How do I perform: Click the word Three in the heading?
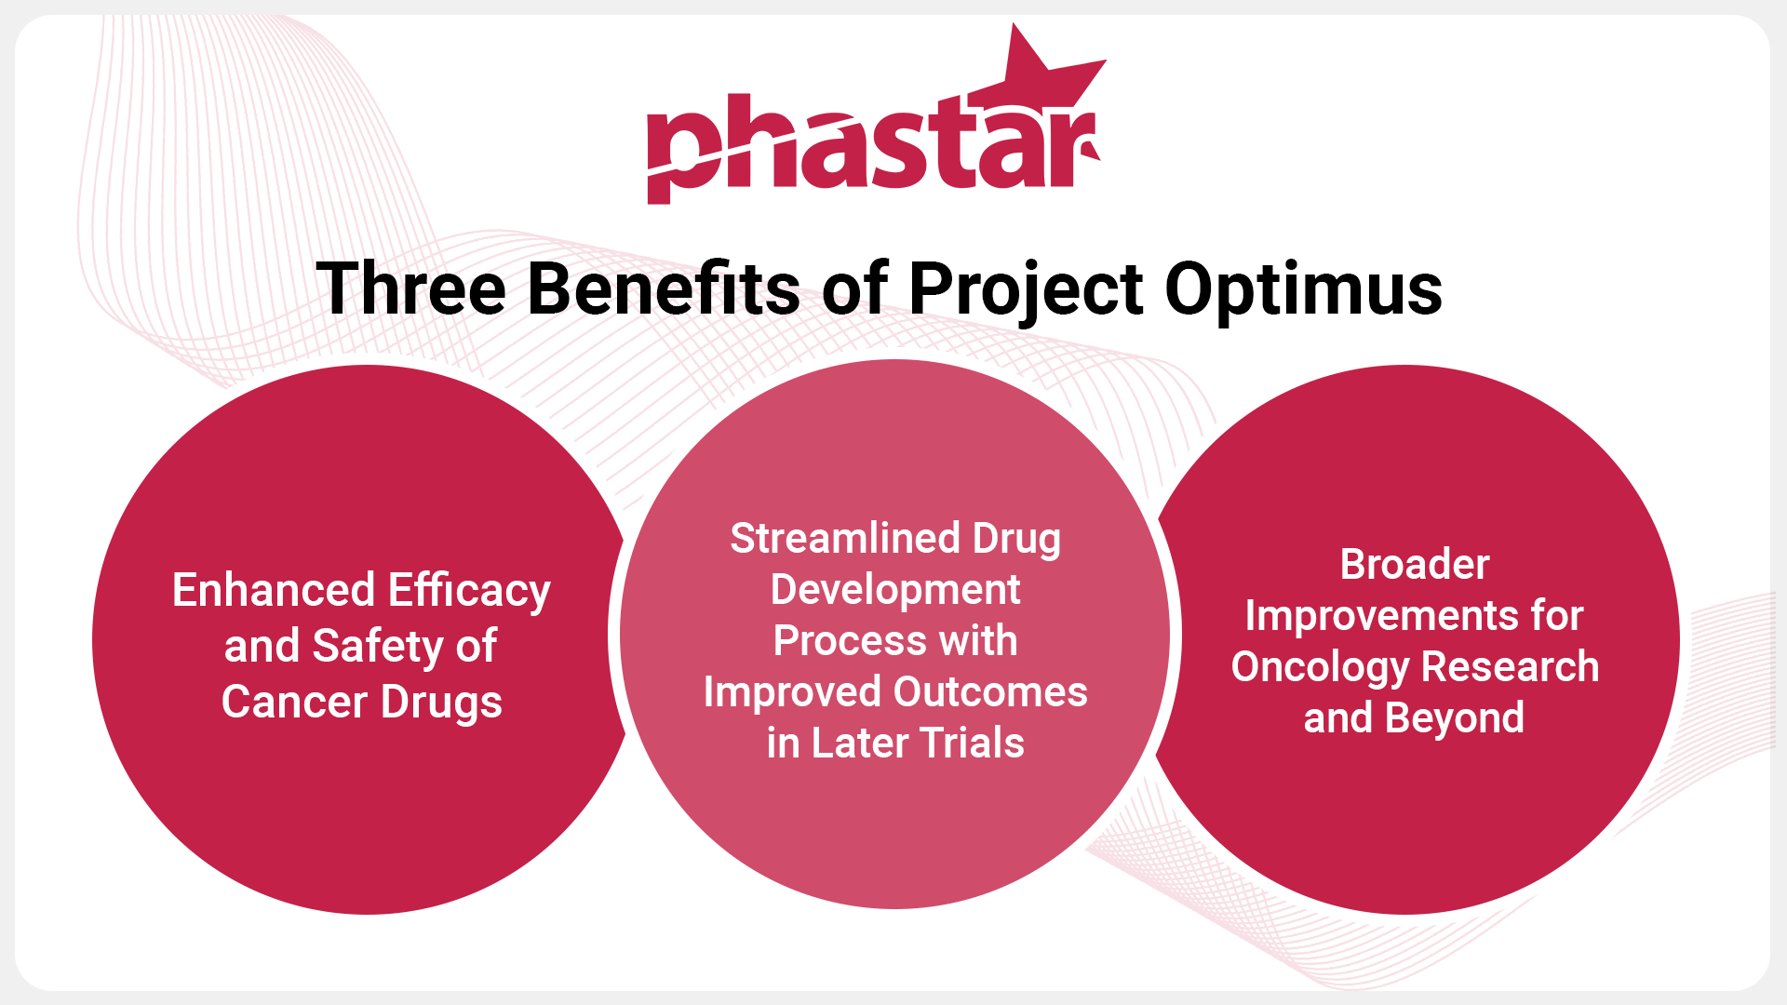pyautogui.click(x=411, y=288)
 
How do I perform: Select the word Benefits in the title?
pyautogui.click(x=664, y=288)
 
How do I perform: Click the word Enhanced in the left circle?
pyautogui.click(x=274, y=590)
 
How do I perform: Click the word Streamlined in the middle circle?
pyautogui.click(x=845, y=538)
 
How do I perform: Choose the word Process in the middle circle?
pyautogui.click(x=851, y=640)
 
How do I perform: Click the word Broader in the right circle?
pyautogui.click(x=1415, y=564)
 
